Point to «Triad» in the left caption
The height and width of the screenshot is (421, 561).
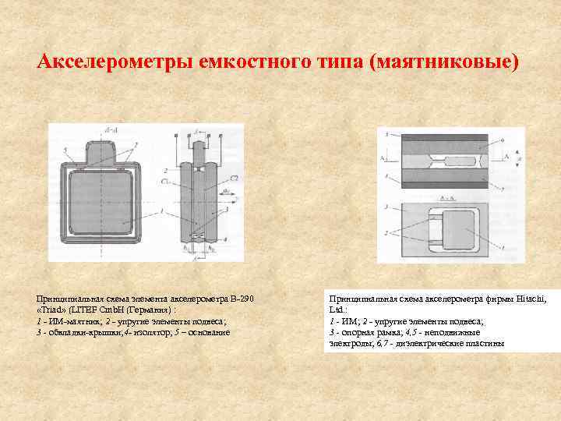(52, 310)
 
